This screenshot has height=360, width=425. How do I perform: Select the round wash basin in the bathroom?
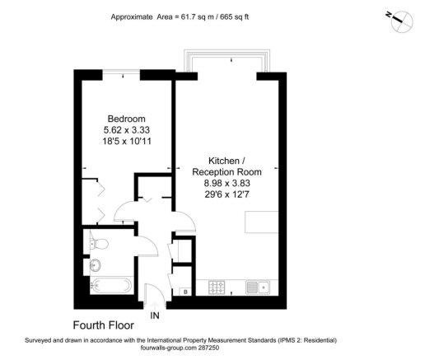96,265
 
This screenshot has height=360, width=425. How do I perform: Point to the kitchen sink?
258,288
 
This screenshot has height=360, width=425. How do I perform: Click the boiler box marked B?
185,292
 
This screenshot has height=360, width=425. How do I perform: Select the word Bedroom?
128,116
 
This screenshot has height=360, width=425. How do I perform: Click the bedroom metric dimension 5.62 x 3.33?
128,129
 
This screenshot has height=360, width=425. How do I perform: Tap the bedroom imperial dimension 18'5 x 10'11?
128,141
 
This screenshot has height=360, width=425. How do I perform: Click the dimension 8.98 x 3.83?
227,185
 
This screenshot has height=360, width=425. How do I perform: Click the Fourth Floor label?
104,325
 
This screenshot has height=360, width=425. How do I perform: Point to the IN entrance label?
155,315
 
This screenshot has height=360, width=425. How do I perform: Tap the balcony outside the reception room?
227,63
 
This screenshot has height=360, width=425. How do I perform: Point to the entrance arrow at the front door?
155,302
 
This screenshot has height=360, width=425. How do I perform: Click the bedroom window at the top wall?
124,73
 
